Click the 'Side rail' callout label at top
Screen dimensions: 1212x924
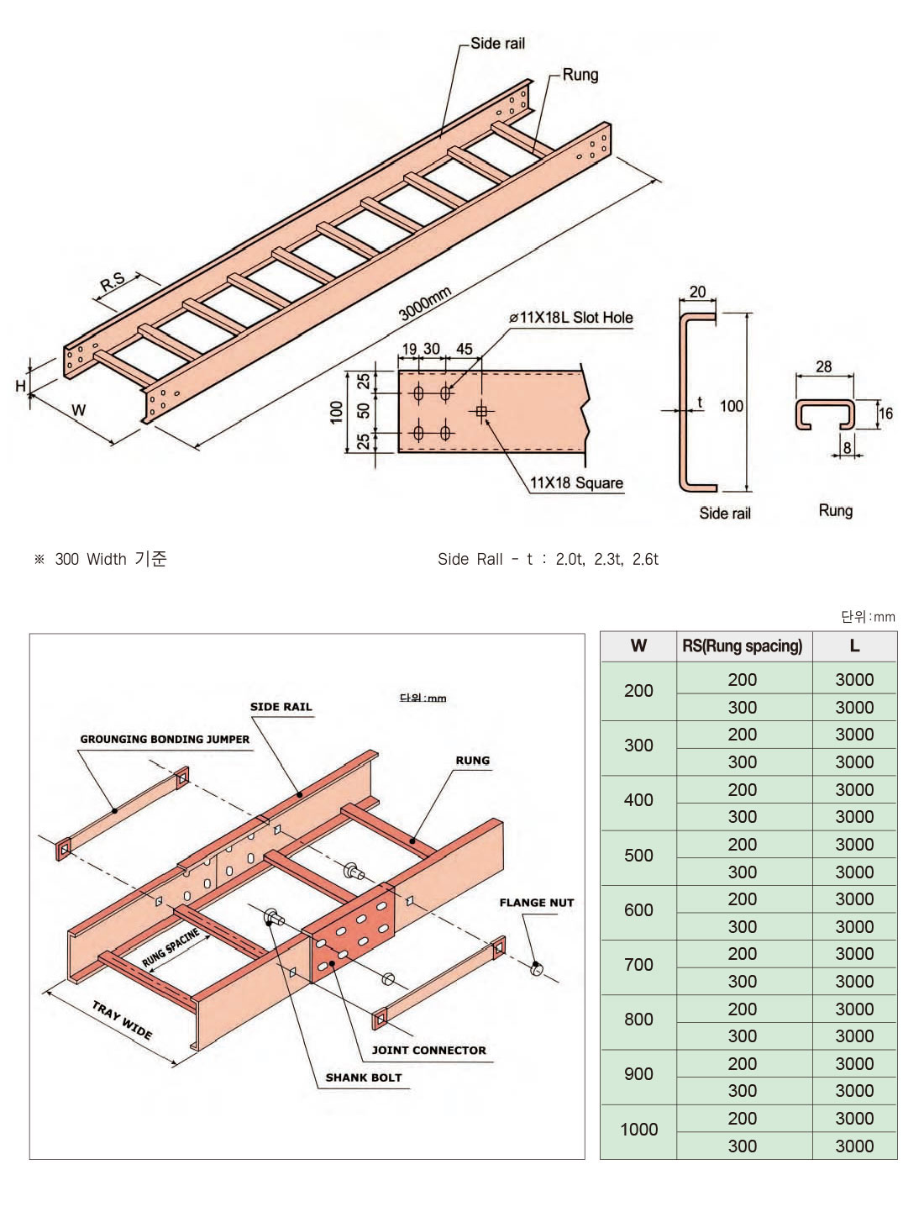click(x=497, y=43)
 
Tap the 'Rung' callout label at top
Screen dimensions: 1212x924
click(x=580, y=74)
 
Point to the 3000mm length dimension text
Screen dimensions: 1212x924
click(x=425, y=303)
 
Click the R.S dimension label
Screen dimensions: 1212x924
click(x=113, y=282)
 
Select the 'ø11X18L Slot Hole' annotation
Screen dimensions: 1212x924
click(x=570, y=318)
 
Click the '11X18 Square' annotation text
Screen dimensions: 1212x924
click(x=576, y=483)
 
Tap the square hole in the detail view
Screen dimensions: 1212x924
click(x=481, y=411)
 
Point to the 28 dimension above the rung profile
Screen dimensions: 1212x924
click(x=824, y=366)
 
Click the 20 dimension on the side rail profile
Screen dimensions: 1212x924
click(x=697, y=292)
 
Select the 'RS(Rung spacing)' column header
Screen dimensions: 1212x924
click(x=743, y=646)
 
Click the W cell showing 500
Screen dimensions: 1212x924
click(x=638, y=856)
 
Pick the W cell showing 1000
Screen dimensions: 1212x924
click(x=638, y=1130)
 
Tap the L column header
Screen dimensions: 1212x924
click(x=854, y=646)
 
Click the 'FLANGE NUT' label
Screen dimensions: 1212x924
click(x=537, y=903)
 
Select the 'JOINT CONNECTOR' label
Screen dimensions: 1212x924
click(x=428, y=1050)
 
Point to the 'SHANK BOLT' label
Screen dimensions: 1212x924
click(x=364, y=1078)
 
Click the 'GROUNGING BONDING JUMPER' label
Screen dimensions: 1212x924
click(x=165, y=740)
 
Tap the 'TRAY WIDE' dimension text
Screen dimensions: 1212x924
click(x=123, y=1020)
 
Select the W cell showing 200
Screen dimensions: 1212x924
click(x=638, y=691)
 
